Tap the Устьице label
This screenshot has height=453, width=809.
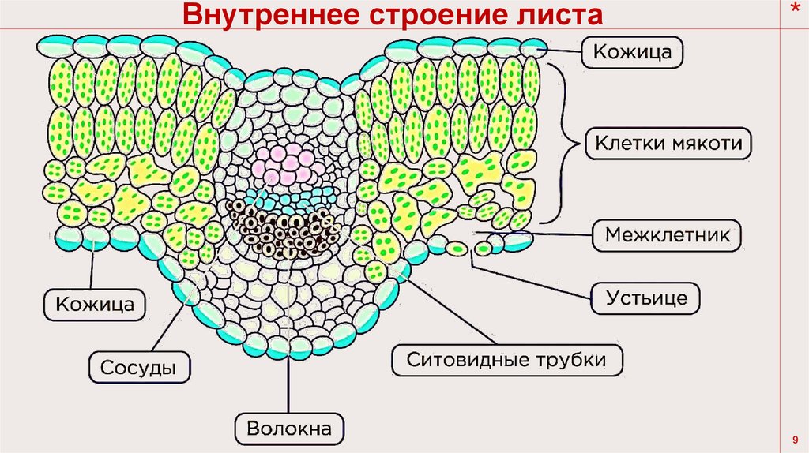pyautogui.click(x=646, y=298)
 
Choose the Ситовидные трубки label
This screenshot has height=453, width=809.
pyautogui.click(x=507, y=360)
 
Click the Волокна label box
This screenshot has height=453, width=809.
pyautogui.click(x=290, y=429)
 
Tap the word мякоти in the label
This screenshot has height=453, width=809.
pyautogui.click(x=709, y=144)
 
